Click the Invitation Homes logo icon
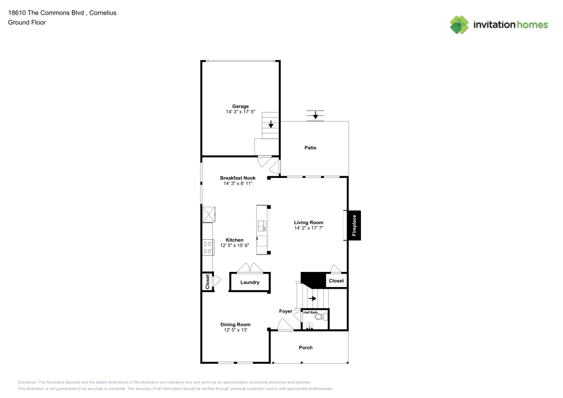point(459,25)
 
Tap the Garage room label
point(240,106)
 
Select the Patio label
point(310,148)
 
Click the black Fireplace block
point(354,225)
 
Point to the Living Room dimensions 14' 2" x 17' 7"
point(309,228)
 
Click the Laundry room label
point(249,283)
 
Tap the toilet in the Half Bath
point(320,317)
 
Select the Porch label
point(306,348)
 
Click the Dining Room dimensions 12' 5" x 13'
point(235,330)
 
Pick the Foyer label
point(286,311)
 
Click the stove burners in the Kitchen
point(208,247)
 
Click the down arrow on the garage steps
point(271,124)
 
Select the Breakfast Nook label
point(238,178)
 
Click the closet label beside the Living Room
point(336,280)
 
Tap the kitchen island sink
point(262,226)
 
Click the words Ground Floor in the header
point(27,23)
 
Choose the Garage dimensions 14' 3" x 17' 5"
point(240,112)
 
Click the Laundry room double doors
point(249,267)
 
